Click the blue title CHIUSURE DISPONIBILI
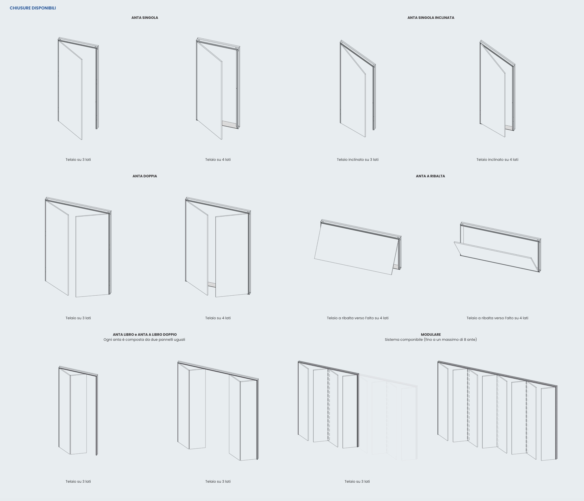[33, 8]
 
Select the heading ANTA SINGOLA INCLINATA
[431, 18]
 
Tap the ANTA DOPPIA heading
[145, 176]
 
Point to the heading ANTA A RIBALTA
[430, 176]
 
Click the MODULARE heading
[431, 335]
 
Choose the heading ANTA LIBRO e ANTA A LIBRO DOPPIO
[145, 335]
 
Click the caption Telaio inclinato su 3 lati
[358, 160]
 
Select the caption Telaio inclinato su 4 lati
[497, 160]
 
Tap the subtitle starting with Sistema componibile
[431, 340]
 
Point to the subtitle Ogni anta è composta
[144, 340]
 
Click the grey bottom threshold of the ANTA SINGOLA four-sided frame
[229, 124]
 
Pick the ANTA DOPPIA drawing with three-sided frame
[78, 247]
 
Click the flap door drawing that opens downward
[497, 247]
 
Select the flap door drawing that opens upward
[358, 247]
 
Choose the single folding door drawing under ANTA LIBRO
[78, 411]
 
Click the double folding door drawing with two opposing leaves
[218, 411]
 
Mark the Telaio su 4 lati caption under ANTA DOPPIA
[218, 318]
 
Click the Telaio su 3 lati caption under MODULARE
[357, 482]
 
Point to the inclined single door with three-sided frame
[358, 89]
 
